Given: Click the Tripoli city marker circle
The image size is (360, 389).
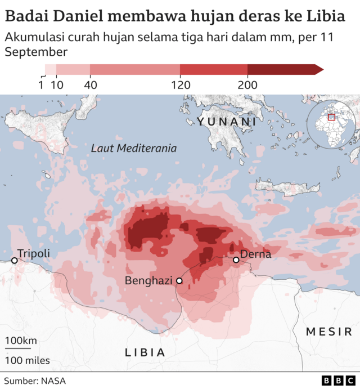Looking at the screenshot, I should pos(15,260).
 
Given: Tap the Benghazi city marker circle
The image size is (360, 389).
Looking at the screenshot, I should pos(179,280).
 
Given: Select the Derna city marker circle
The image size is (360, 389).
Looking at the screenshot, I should pos(236,260).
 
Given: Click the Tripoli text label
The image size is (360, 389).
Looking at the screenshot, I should pos(34,254).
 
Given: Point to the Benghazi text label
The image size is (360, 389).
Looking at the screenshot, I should pos(148,280).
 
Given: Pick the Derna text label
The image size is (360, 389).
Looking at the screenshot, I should pos(256,254).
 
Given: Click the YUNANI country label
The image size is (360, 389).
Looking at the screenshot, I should pos(227,122).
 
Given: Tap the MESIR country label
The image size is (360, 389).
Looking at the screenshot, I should pos(329,332).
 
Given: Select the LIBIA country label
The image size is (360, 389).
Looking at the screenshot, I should pos(145,352).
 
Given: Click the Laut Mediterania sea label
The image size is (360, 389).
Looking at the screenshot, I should pos(134,149).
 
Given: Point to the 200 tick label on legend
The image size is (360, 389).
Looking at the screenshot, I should pos(247,85).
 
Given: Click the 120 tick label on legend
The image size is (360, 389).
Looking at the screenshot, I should pos(180,85).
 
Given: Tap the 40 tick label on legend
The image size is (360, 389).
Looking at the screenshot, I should pos(90,85).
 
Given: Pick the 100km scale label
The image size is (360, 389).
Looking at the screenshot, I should pos(21,341).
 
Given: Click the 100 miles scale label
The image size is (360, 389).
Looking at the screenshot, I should pos(28,360).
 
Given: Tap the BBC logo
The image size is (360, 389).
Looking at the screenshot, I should pos(336,381).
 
